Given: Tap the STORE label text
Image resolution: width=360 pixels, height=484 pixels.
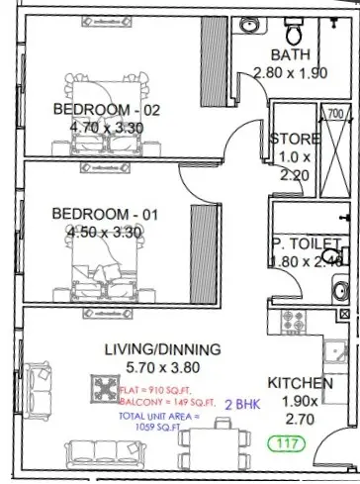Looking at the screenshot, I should [x=295, y=139].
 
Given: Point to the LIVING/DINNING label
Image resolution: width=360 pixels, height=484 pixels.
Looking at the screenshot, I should [x=161, y=348].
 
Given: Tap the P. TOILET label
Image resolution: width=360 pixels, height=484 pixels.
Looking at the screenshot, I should [x=306, y=243].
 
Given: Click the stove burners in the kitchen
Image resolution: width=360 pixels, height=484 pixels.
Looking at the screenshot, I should [x=295, y=322].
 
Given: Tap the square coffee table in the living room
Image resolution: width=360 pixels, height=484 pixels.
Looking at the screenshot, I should [x=106, y=384].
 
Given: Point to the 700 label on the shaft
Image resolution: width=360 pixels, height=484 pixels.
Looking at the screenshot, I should [x=334, y=113].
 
